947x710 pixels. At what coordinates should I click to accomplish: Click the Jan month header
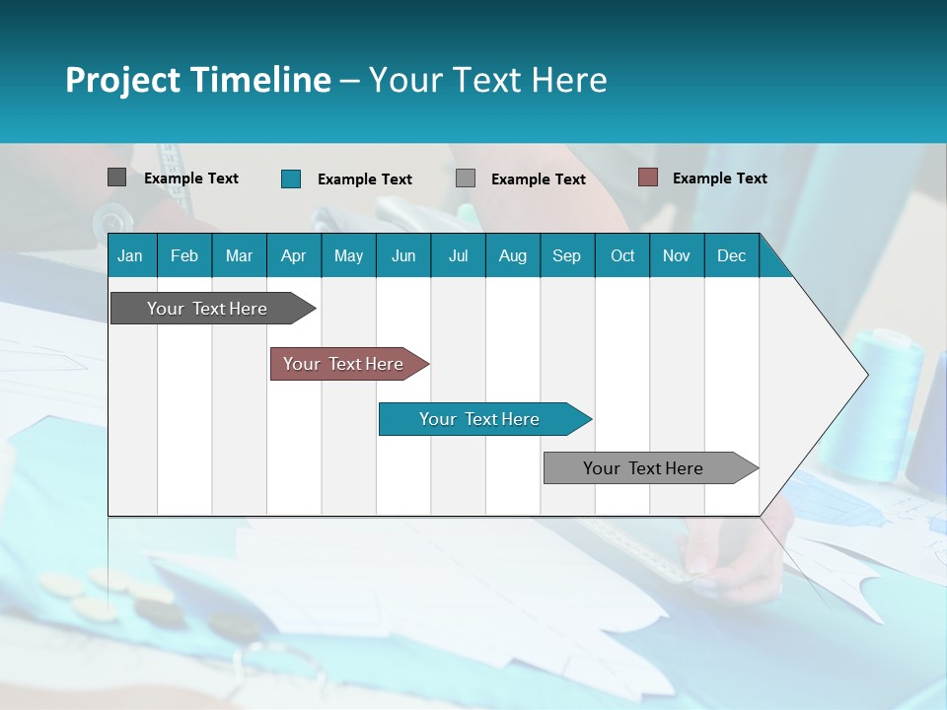click(x=130, y=255)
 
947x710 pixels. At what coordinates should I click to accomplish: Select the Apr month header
click(x=293, y=255)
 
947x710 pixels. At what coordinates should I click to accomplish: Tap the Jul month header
click(x=458, y=255)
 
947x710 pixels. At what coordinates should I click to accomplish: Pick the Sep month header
click(x=566, y=255)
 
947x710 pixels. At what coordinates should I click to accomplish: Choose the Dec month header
click(x=731, y=255)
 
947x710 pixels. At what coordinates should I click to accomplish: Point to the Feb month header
click(x=184, y=255)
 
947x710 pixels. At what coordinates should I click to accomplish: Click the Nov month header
click(x=676, y=255)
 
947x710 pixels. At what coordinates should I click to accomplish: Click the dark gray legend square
click(x=116, y=177)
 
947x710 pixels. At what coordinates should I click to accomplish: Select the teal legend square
click(x=290, y=178)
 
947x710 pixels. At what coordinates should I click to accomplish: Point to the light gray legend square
click(x=466, y=178)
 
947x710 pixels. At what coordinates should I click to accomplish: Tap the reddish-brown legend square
click(x=647, y=177)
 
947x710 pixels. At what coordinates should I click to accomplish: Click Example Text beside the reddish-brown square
click(x=719, y=178)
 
